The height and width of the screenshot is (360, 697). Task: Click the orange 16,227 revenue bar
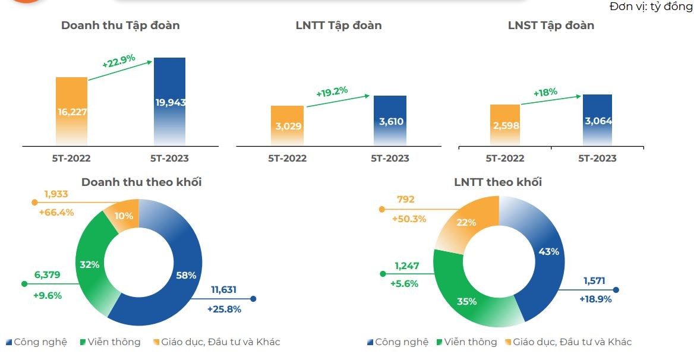point(71,111)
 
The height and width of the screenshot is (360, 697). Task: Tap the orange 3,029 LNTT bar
point(287,125)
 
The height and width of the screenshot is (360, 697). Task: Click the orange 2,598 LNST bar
point(505,125)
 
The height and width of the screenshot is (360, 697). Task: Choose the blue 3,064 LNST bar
point(597,120)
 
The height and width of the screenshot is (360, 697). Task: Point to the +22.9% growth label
point(118,61)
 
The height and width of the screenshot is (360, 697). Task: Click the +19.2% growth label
point(332,92)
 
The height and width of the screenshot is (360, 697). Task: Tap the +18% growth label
point(545,93)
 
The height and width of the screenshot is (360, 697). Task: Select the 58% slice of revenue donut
point(185,274)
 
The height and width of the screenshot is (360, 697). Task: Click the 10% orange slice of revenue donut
point(123,215)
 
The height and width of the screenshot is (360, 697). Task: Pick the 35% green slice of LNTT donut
point(467,301)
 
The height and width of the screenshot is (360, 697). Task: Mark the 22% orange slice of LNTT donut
point(467,222)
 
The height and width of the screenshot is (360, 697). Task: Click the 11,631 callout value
point(223,290)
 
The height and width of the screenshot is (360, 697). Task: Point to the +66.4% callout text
point(56,212)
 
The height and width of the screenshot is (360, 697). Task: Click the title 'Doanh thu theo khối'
point(141,182)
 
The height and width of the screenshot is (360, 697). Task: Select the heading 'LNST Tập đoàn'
point(551,26)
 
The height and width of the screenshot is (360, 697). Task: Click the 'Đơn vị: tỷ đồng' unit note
point(651,7)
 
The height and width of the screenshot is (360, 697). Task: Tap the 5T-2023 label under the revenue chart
point(169,159)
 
